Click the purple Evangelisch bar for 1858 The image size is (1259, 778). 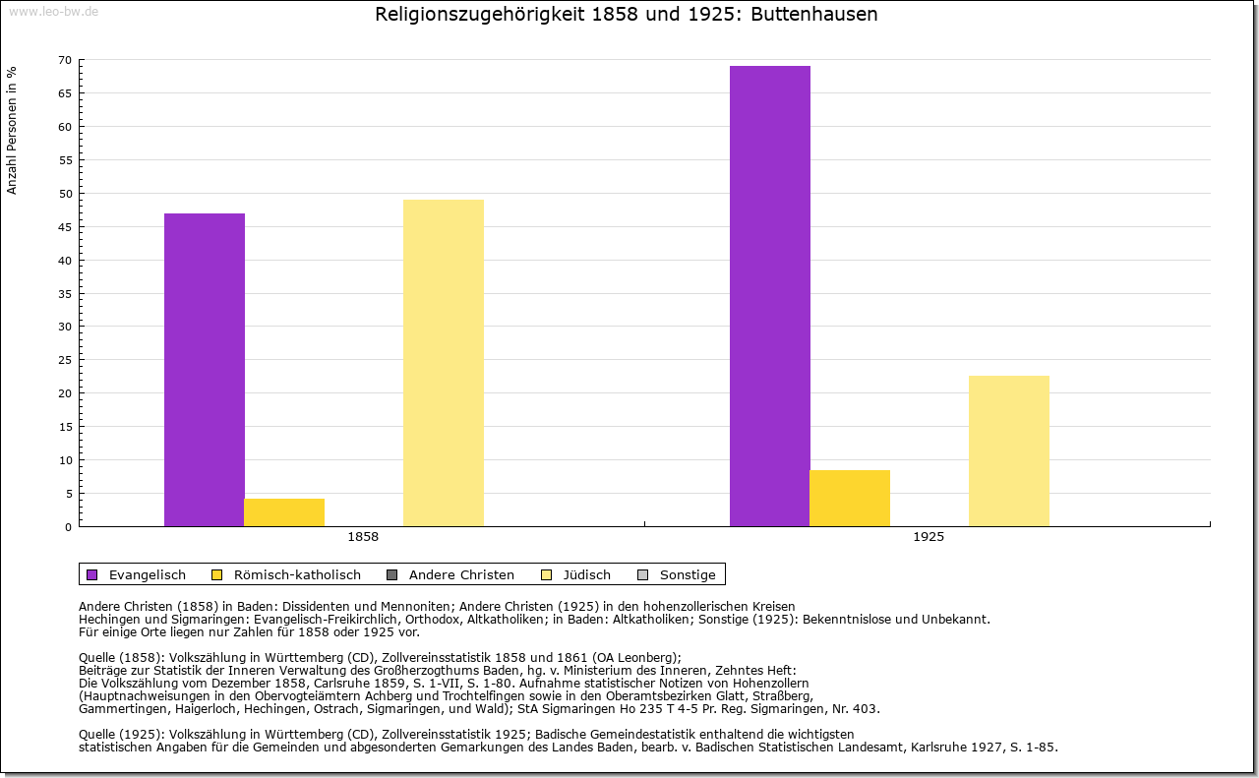click(205, 369)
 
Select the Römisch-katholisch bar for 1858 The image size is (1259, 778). click(284, 512)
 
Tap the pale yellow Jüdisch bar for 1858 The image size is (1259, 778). click(444, 362)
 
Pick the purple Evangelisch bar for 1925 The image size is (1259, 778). click(770, 295)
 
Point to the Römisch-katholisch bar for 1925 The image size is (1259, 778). click(850, 498)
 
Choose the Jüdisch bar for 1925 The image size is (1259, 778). click(1009, 450)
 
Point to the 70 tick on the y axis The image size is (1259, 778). click(65, 60)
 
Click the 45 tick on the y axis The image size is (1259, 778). click(65, 227)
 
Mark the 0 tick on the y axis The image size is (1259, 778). click(68, 527)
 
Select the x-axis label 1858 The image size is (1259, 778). click(363, 538)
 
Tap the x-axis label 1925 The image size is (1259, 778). click(929, 538)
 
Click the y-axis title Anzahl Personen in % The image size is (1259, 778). click(12, 130)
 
